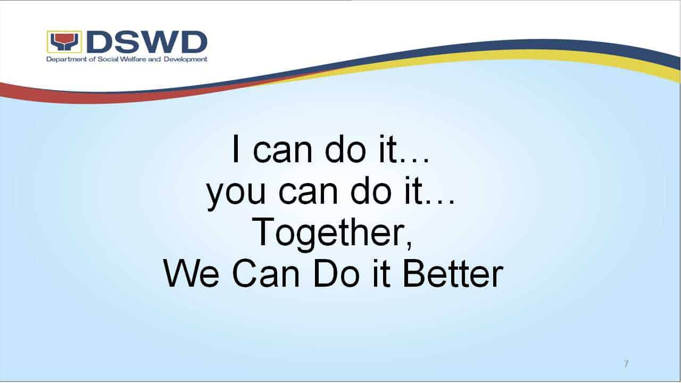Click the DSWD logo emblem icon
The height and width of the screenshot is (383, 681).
click(x=64, y=41)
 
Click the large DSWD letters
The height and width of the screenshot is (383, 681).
click(x=147, y=41)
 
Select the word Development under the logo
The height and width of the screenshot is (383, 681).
click(x=186, y=59)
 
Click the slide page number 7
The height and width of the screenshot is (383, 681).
click(x=626, y=363)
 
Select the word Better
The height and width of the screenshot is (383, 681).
click(x=453, y=273)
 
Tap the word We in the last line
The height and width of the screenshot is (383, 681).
click(x=191, y=273)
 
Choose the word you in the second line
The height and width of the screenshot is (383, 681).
click(x=236, y=194)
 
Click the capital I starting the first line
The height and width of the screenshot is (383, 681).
click(x=235, y=149)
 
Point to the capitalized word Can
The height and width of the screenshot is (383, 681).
click(x=266, y=273)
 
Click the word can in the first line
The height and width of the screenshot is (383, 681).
click(x=283, y=153)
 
